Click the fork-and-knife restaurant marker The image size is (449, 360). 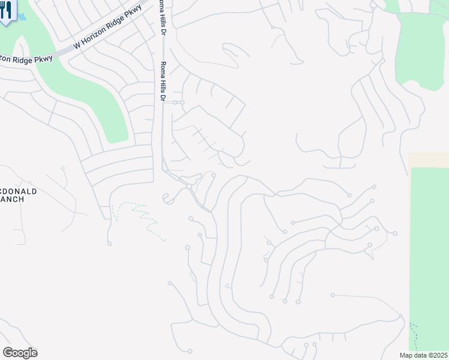coord(7,11)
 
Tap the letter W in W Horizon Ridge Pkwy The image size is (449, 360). coord(76,46)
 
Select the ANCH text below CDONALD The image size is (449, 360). coord(11,199)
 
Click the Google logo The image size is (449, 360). coord(20,353)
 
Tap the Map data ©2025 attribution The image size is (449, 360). coord(423,355)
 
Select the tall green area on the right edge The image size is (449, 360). coord(429,252)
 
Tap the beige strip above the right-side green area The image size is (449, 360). coord(429,160)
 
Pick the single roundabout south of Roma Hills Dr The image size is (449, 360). coord(188,187)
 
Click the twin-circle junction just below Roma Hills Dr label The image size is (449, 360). coord(178,103)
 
